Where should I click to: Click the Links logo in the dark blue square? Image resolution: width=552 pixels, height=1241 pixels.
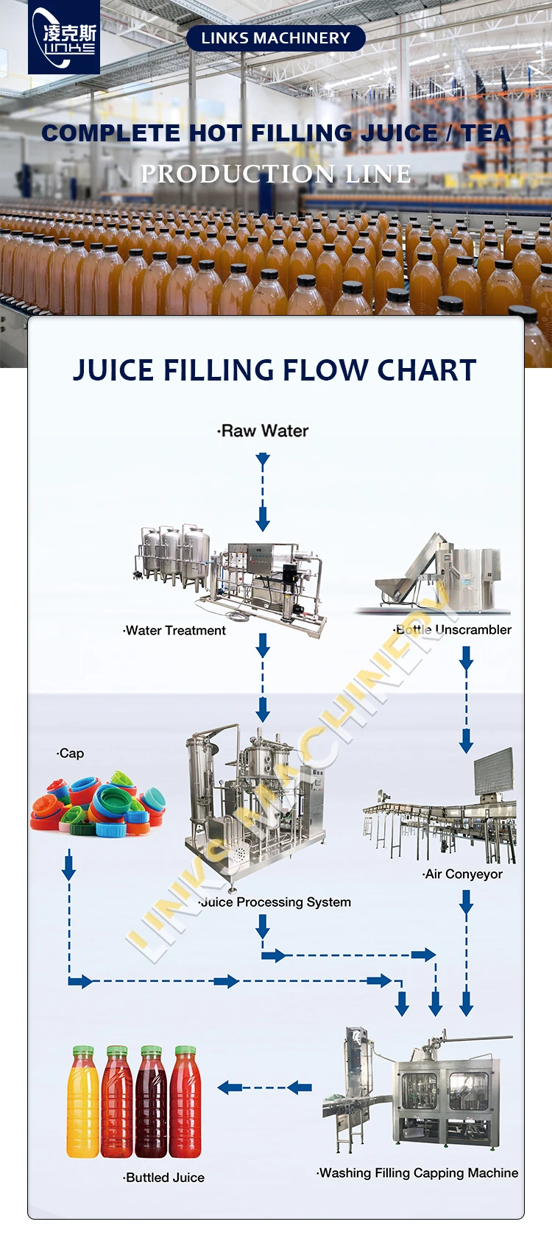point(64,37)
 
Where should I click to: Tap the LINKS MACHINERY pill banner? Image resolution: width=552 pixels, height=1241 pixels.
point(276,38)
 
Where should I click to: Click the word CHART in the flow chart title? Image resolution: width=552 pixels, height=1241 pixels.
point(427,370)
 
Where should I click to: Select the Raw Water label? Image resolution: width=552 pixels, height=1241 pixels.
point(263,431)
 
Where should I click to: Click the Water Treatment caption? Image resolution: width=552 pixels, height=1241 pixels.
point(174,631)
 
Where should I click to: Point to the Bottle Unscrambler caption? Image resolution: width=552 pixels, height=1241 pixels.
point(453,629)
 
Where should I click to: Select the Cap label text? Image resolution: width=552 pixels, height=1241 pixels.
point(71,754)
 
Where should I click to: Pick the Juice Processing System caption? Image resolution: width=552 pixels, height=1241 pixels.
point(275,902)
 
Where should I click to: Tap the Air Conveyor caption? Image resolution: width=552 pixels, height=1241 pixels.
point(462,874)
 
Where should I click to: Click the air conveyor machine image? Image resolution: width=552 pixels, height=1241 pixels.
point(439,806)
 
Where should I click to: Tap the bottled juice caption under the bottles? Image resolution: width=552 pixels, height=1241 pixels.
point(163,1178)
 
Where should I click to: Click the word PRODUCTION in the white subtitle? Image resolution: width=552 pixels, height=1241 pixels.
point(238,174)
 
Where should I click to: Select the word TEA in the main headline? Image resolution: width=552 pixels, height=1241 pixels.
point(486,133)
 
